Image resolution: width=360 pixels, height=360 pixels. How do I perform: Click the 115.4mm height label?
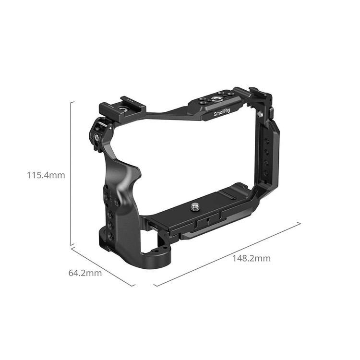[46, 175]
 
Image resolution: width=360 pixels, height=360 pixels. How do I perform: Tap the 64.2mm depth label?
[85, 273]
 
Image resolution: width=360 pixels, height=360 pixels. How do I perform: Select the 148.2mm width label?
[252, 259]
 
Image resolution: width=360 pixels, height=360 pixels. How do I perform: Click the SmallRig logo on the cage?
[222, 112]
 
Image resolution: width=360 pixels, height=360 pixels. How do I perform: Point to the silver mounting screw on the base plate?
[195, 206]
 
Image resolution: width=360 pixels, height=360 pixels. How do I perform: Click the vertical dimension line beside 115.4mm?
[72, 173]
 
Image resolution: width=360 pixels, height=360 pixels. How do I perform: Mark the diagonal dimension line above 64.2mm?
[103, 266]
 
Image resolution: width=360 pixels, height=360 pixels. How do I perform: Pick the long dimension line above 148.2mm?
[228, 254]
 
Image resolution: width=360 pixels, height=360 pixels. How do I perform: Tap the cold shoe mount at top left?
[122, 106]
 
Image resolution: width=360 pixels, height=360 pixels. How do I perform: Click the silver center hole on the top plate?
[216, 100]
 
